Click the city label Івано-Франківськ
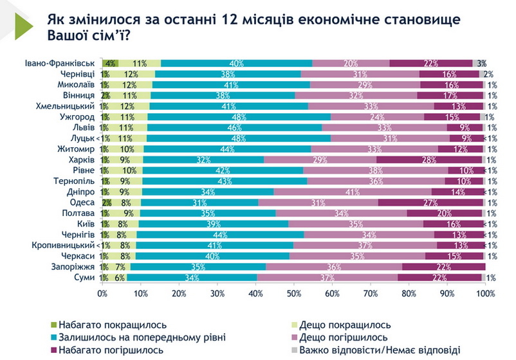60,63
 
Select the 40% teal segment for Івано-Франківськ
236,63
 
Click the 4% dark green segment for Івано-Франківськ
110,63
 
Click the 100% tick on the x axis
485,293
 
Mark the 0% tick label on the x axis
103,293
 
